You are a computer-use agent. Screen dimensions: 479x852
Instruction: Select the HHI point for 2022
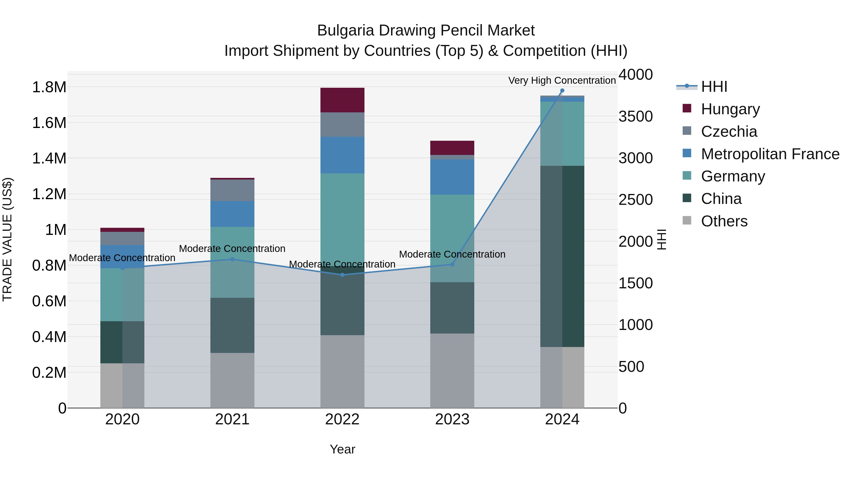342,275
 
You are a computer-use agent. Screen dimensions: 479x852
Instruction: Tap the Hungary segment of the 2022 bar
342,100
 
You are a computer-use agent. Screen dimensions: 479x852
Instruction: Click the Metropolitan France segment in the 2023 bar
452,177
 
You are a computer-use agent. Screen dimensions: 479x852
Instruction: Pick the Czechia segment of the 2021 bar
232,190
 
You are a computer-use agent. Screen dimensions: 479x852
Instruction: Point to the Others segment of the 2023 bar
452,370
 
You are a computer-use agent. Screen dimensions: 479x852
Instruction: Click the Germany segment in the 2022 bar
342,215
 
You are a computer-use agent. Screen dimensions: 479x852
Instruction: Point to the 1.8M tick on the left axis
49,87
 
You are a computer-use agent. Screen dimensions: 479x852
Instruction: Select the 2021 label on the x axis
232,419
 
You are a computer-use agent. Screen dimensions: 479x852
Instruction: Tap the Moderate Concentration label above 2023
452,254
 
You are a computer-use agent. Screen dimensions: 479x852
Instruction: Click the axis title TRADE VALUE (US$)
7,239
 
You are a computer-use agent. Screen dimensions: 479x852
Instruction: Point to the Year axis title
342,449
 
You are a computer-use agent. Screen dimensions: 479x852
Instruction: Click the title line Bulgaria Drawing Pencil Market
426,31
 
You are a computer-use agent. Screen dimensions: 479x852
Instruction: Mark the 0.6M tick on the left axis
49,301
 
